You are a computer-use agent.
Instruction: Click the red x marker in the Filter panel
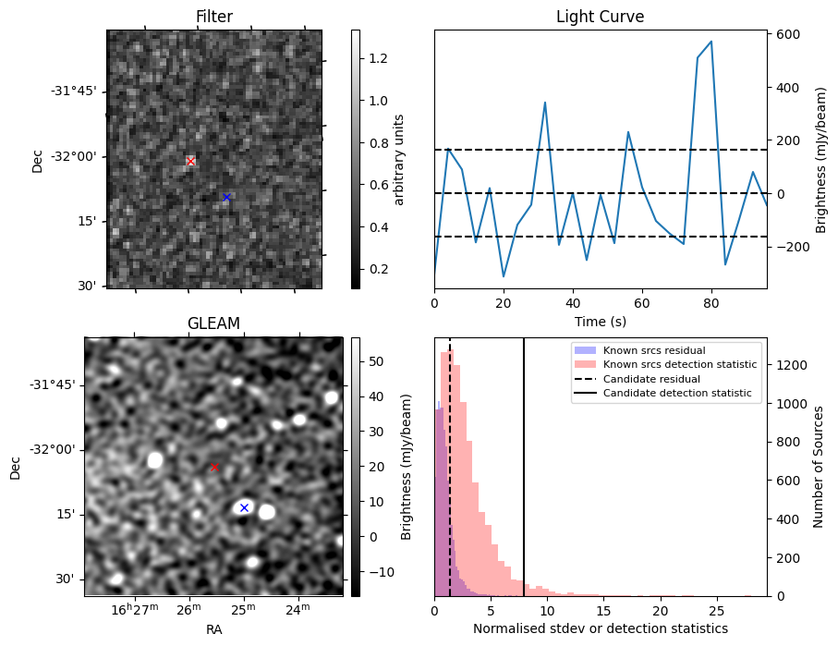point(190,162)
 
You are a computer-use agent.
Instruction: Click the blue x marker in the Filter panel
point(226,197)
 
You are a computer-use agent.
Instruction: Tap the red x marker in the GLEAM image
point(214,468)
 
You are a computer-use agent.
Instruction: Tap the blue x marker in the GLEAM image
point(244,507)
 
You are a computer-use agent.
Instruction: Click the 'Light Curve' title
point(600,17)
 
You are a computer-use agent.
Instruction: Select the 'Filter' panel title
point(214,17)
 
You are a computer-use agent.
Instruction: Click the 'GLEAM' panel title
point(213,323)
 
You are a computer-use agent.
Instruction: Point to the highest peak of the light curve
point(710,42)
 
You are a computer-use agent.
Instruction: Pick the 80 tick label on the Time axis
point(710,302)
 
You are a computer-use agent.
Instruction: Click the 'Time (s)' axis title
point(600,320)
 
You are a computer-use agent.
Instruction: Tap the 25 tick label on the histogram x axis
point(716,611)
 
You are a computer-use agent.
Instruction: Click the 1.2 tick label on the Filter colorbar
point(377,58)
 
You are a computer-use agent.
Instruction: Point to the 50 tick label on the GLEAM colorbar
point(374,361)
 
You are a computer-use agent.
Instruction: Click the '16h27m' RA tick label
point(135,610)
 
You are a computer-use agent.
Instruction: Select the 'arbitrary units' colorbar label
point(399,159)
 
